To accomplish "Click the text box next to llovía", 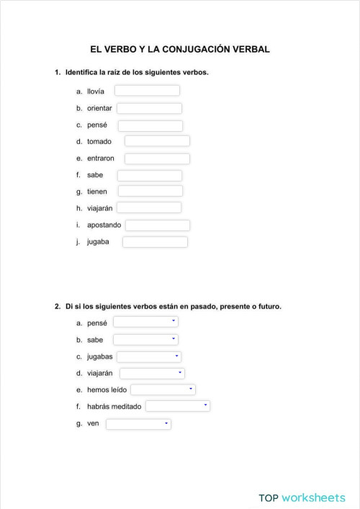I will tap(147, 91).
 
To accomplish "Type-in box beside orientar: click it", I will tap(149, 108).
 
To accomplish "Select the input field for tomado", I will tap(157, 141).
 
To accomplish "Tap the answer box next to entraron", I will tap(157, 158).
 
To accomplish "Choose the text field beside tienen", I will tap(150, 191).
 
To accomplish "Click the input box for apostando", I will tap(158, 225).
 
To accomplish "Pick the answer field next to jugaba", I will tap(155, 242).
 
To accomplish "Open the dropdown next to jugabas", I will tap(148, 356).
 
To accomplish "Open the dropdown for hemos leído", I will tap(163, 389).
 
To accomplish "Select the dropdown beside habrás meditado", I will tap(177, 406).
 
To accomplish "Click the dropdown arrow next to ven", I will tap(166, 423).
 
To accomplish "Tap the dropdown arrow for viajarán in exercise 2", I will tap(180, 373).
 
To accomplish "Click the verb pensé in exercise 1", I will tap(97, 125).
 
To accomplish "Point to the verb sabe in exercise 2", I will tap(95, 339).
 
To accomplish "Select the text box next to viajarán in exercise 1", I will tap(149, 207).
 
